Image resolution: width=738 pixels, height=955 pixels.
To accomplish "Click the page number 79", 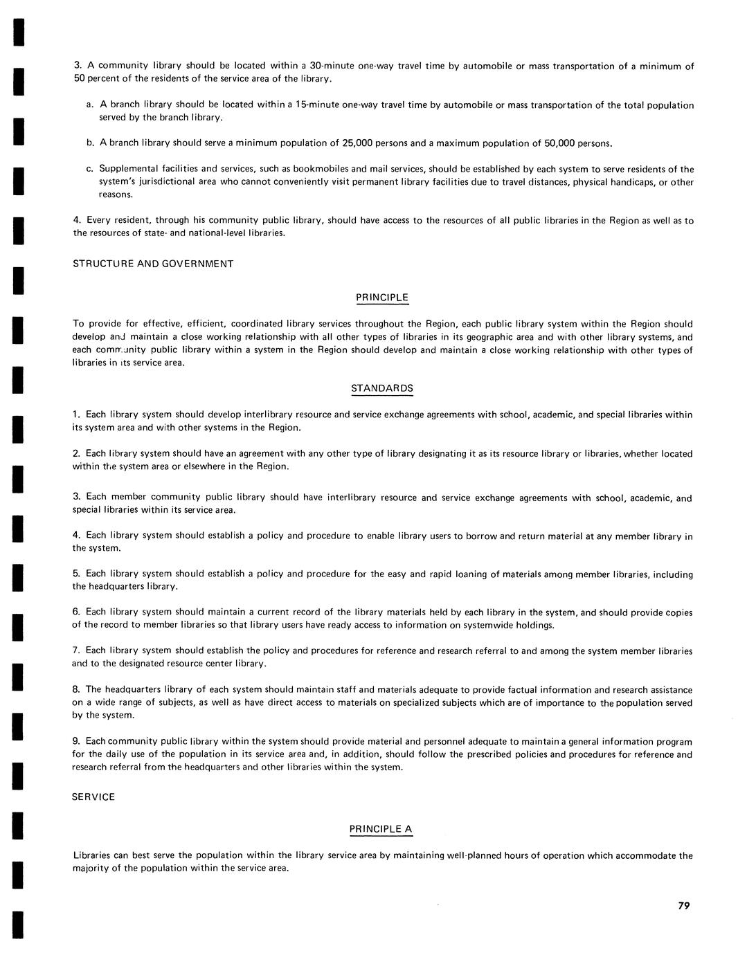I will [x=683, y=905].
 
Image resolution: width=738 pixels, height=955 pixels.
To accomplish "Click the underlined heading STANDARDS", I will [x=382, y=388].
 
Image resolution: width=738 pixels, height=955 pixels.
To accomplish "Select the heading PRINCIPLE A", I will [x=381, y=829].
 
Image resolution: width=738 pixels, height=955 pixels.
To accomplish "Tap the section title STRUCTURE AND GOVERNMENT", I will [x=153, y=264].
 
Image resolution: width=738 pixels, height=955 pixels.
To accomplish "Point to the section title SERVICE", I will [x=93, y=797].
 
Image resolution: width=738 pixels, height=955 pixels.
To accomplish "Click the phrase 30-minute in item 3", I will [x=331, y=66].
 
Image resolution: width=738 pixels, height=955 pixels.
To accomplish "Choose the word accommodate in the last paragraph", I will [x=645, y=855].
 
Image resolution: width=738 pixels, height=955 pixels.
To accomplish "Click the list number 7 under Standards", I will [x=75, y=651].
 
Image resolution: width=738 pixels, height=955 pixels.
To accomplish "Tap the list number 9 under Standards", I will [x=75, y=741].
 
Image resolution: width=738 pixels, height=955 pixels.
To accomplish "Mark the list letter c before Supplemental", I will [x=89, y=170].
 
